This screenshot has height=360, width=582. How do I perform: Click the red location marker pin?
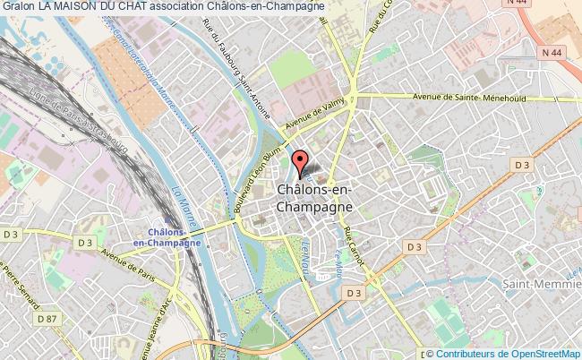(302, 165)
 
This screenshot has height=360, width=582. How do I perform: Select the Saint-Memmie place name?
(542, 284)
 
